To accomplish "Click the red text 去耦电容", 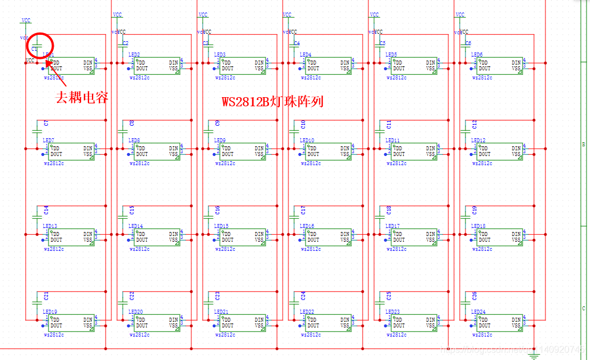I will tap(82, 98).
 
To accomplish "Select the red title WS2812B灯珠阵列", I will tap(272, 102).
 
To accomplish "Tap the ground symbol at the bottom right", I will tap(534, 356).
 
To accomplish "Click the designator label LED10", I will tap(307, 141).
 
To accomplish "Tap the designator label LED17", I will tap(392, 226).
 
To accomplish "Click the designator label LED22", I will tap(307, 312).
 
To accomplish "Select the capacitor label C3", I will tap(206, 43).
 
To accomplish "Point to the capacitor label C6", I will tap(468, 43).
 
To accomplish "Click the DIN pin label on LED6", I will tap(516, 62).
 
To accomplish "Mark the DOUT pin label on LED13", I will tap(56, 240).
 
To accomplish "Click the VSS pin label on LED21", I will tap(259, 326).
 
